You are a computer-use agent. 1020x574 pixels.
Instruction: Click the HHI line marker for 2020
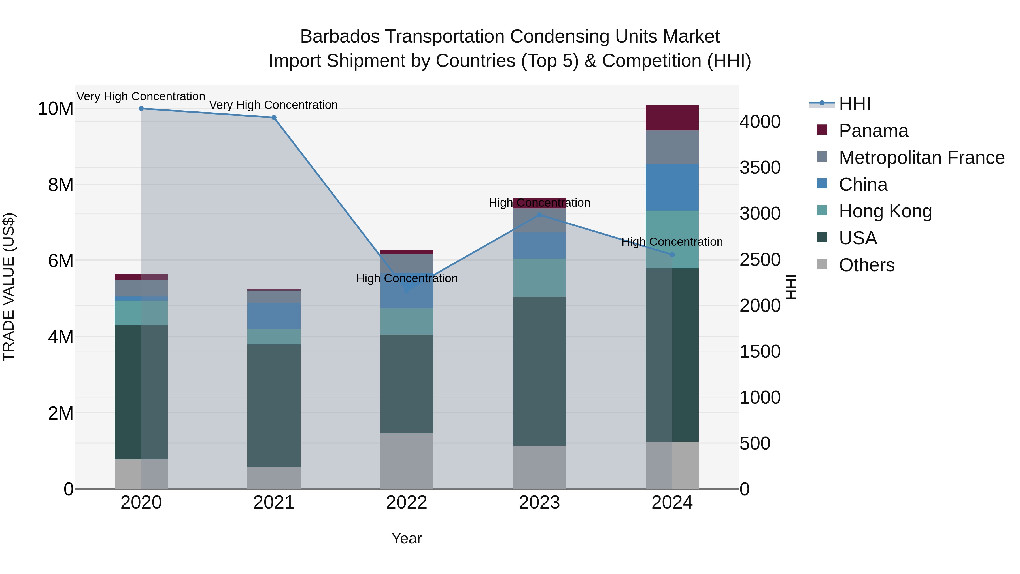141,109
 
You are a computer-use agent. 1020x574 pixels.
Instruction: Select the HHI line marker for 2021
274,118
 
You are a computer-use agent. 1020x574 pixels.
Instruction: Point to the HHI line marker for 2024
672,255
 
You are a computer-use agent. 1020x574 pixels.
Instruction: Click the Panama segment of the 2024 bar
672,118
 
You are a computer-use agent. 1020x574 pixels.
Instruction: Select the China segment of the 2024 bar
672,187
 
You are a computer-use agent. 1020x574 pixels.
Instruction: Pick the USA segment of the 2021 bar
274,406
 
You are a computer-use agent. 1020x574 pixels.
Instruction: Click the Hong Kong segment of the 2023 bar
539,278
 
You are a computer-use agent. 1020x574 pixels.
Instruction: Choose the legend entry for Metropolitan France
921,158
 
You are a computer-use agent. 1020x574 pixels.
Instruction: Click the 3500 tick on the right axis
760,168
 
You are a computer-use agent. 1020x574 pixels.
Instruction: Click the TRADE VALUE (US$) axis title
9,287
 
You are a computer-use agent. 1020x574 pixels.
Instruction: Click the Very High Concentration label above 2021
274,105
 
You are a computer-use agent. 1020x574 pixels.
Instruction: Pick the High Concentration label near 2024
672,242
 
